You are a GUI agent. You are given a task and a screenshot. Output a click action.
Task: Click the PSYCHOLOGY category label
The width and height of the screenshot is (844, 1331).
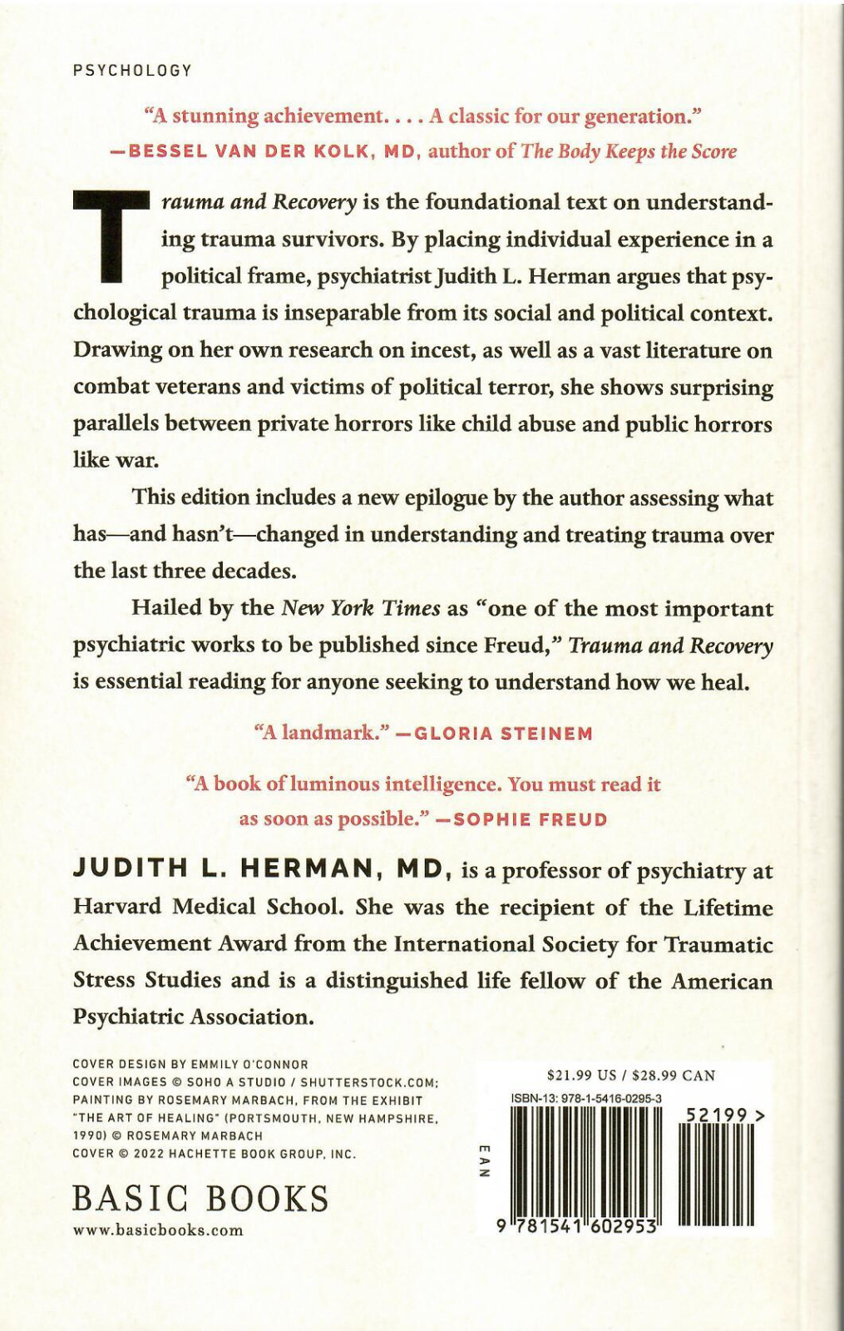coord(132,71)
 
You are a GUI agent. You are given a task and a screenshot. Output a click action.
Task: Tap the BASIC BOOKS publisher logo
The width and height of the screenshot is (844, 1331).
coord(200,1199)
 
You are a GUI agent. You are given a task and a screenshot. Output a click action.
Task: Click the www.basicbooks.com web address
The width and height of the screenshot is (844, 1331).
coord(158,1230)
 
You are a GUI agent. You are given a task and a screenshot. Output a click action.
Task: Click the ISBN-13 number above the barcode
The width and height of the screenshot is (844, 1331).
coord(586,1098)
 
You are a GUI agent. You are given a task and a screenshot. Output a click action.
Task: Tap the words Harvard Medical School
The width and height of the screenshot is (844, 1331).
coord(208,907)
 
